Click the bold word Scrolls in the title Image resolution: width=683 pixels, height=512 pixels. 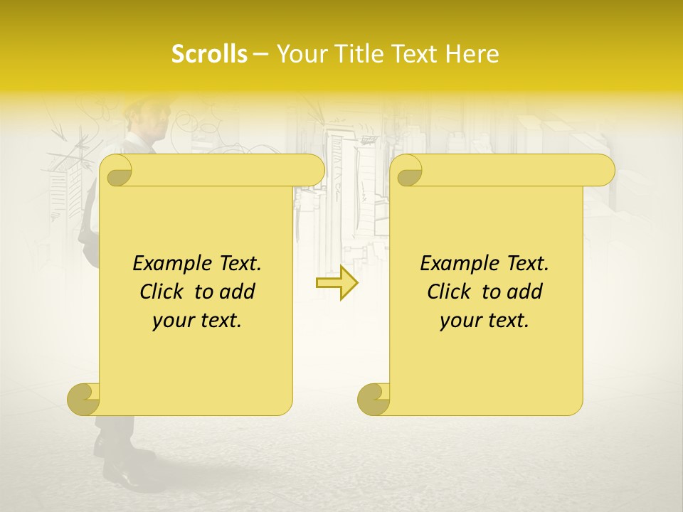(210, 54)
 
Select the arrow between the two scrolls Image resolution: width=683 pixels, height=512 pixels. (337, 282)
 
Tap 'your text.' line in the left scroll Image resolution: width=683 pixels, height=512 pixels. (197, 321)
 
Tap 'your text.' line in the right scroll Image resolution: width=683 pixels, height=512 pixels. (485, 321)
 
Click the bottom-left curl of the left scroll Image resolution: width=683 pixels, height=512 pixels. (83, 398)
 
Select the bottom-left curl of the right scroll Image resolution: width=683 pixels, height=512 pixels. (374, 398)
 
